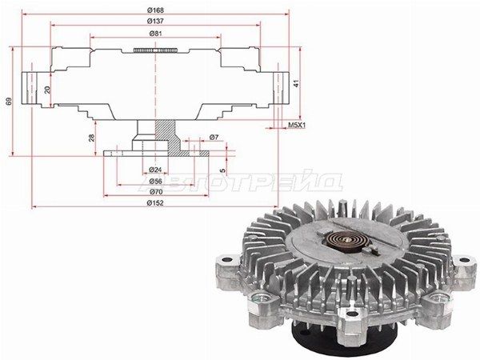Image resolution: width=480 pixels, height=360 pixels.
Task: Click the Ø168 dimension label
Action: click(x=155, y=10)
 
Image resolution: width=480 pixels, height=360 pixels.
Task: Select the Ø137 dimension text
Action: click(x=155, y=21)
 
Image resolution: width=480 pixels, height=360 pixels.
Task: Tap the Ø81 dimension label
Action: click(x=155, y=34)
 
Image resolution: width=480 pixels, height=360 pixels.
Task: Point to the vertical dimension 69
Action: click(x=9, y=102)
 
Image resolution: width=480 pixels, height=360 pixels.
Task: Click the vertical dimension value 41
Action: click(x=296, y=83)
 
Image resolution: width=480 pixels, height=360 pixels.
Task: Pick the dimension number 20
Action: click(x=47, y=90)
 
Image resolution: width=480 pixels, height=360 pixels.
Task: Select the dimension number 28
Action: click(x=92, y=138)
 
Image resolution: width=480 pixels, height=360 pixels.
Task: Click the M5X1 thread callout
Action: click(x=297, y=125)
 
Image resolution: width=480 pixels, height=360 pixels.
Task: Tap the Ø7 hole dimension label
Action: click(x=214, y=138)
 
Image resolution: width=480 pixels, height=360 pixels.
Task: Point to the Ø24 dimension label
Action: click(x=155, y=170)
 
